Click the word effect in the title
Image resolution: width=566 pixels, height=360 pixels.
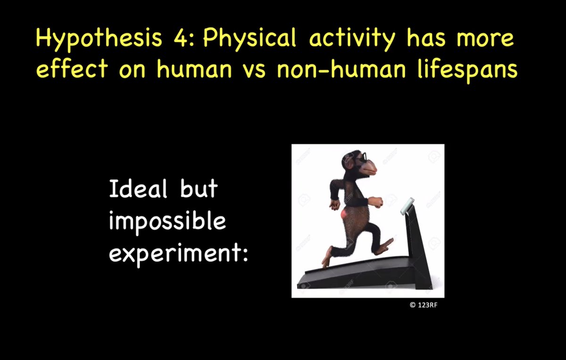(x=72, y=68)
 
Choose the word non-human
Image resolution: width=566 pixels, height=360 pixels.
(x=341, y=68)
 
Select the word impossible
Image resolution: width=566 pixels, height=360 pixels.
(x=167, y=223)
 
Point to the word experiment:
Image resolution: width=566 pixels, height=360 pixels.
(x=179, y=254)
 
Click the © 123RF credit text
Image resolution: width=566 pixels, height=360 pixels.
(x=424, y=305)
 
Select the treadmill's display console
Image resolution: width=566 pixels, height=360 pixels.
(x=408, y=206)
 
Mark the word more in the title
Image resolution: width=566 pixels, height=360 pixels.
(x=485, y=40)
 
